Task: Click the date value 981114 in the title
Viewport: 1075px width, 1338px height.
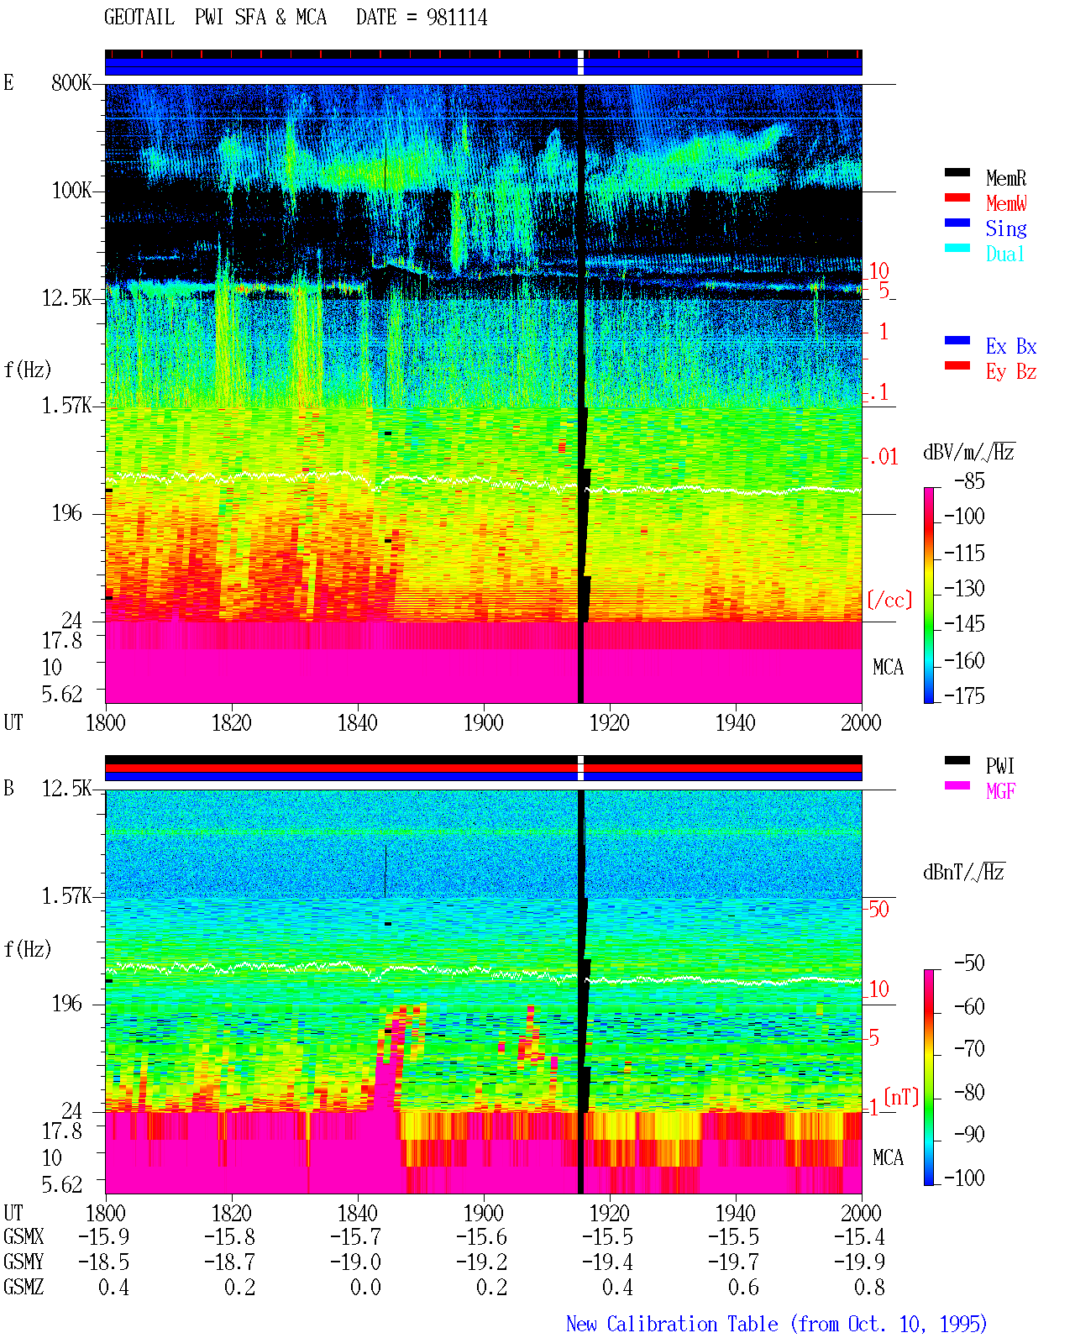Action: [456, 18]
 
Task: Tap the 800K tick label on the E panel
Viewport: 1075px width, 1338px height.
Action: [71, 82]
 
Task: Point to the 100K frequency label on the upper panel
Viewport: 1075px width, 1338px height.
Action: [71, 191]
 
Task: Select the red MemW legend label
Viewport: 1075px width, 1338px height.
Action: [1005, 203]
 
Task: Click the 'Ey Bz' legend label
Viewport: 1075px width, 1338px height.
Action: [1010, 372]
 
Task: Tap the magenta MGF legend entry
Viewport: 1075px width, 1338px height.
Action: [1000, 791]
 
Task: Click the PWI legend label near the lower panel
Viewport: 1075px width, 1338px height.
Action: [999, 766]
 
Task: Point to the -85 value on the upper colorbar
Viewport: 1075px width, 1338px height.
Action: [969, 481]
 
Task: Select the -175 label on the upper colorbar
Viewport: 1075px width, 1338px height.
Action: [964, 695]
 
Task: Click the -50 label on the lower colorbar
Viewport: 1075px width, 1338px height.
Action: [969, 963]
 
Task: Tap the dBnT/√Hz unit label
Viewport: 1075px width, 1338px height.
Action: [963, 873]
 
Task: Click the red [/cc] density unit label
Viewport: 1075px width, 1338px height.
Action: [889, 600]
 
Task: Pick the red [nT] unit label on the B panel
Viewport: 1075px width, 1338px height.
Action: [901, 1097]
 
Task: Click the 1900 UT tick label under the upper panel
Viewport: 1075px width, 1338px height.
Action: [483, 723]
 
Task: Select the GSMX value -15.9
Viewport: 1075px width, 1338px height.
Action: [104, 1237]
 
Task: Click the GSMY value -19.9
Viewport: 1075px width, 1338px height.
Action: [859, 1262]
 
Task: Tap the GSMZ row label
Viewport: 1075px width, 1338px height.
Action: [24, 1287]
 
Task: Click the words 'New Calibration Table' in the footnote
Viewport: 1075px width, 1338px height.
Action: [672, 1325]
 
